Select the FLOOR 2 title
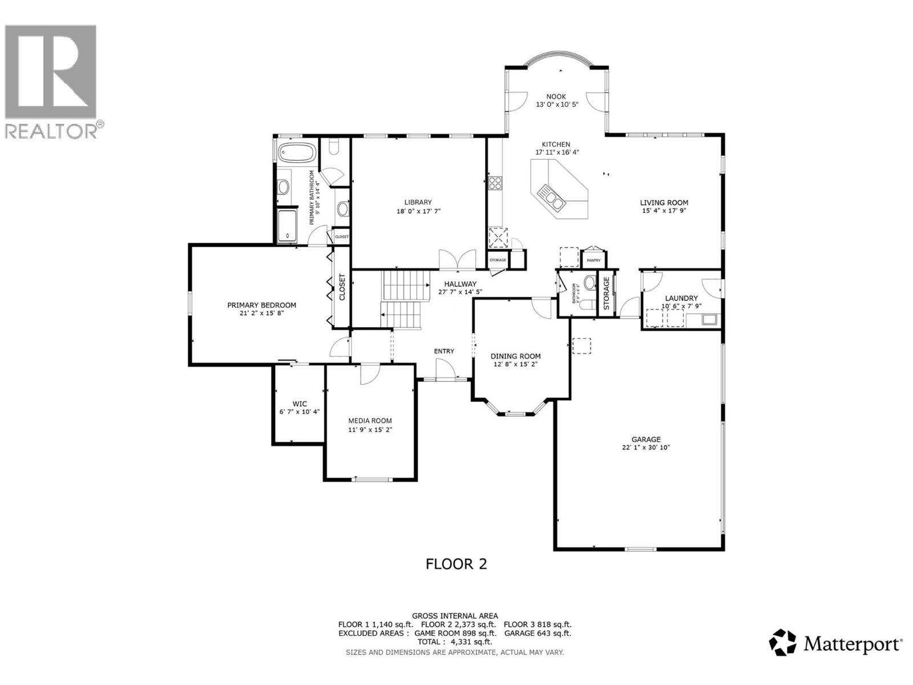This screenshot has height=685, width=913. (457, 564)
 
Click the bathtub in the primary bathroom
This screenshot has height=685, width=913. (297, 153)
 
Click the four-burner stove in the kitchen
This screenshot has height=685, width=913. (495, 183)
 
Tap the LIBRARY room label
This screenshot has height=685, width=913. (418, 202)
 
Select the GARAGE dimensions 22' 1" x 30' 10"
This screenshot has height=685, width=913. (646, 448)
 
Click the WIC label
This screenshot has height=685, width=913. (300, 404)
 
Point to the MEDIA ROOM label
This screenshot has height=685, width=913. (370, 421)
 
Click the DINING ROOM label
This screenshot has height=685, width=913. (516, 356)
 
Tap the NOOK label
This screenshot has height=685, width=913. (556, 97)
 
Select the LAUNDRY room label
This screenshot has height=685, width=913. (681, 298)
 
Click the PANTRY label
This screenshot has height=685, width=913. (593, 260)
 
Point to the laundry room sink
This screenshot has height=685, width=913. (709, 319)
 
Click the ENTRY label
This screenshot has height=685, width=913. (444, 351)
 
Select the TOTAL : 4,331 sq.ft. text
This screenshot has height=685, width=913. (455, 642)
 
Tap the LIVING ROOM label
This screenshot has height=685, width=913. (664, 203)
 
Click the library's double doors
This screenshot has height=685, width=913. (458, 260)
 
